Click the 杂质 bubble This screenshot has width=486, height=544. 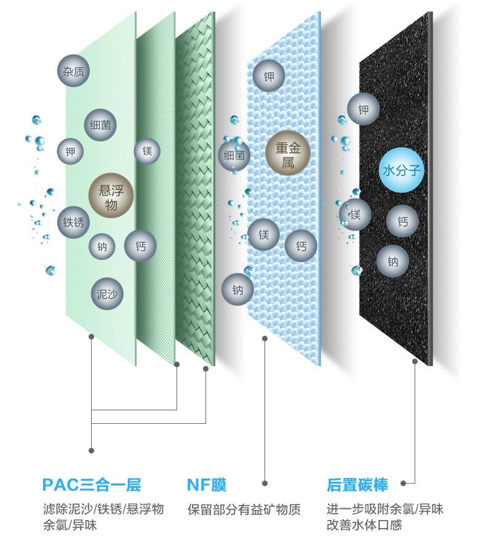click(x=73, y=71)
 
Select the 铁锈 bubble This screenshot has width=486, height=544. click(x=73, y=222)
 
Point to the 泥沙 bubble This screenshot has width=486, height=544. click(x=107, y=293)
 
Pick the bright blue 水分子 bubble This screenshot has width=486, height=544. click(x=401, y=170)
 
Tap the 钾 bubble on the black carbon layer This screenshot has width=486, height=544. click(x=364, y=109)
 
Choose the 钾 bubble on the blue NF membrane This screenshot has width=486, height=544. click(x=268, y=76)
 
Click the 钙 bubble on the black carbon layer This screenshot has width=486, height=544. click(x=402, y=221)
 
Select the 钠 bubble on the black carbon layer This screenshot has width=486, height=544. click(x=392, y=261)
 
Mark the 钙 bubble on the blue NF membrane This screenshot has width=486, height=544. click(x=301, y=246)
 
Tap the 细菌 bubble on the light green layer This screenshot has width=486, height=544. click(x=100, y=125)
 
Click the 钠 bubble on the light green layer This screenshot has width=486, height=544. click(x=102, y=246)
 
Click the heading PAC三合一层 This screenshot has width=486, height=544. click(x=92, y=485)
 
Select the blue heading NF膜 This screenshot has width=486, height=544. click(x=207, y=485)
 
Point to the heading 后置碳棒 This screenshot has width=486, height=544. click(x=357, y=485)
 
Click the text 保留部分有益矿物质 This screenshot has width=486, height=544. click(x=244, y=509)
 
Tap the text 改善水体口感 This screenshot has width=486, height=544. click(x=364, y=524)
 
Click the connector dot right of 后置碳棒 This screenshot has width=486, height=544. click(x=403, y=483)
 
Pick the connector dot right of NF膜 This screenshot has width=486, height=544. click(x=265, y=483)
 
